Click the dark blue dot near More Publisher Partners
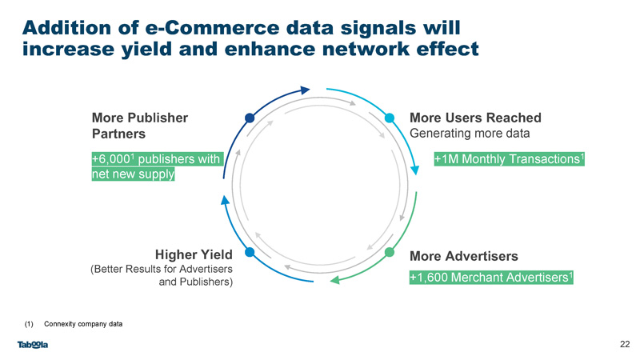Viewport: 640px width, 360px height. tap(250, 118)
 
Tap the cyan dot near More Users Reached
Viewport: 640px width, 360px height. tap(390, 118)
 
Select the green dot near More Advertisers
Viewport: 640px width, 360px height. tap(390, 252)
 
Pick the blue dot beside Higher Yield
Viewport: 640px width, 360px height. tap(250, 252)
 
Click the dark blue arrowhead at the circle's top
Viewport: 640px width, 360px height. tap(305, 90)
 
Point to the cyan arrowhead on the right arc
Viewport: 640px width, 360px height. tap(414, 170)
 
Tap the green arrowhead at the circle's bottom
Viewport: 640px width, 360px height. tap(334, 280)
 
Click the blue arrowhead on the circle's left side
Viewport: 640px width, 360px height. tap(225, 200)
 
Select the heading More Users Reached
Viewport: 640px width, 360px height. tap(475, 118)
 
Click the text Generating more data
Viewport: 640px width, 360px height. tap(470, 133)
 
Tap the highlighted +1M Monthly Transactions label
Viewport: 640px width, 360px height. tap(510, 158)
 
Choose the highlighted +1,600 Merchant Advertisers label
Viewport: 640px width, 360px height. tap(491, 277)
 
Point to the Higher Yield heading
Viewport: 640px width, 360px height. tap(194, 254)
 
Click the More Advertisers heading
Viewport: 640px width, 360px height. tap(464, 256)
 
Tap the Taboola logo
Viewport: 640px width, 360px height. tap(33, 345)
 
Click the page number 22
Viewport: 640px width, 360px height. tap(625, 344)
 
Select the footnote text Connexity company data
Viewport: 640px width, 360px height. tap(83, 324)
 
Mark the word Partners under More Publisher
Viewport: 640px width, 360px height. tap(118, 134)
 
